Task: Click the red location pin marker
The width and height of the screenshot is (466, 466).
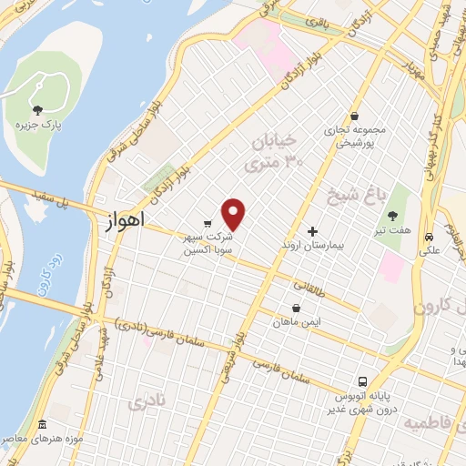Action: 234,214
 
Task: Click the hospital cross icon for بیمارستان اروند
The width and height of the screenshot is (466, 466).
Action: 315,231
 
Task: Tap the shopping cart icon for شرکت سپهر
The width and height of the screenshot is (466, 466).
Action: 208,222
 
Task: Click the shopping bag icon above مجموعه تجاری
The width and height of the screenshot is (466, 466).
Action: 354,116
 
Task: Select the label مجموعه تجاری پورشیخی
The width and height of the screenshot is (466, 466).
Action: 355,136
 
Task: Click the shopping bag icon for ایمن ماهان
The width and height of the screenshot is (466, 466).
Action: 296,308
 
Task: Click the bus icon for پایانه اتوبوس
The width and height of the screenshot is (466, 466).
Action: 362,380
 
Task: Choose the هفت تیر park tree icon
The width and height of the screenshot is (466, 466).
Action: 392,216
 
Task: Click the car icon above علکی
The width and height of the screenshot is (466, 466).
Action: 429,237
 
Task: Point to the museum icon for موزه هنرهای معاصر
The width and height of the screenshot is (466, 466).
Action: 43,425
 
